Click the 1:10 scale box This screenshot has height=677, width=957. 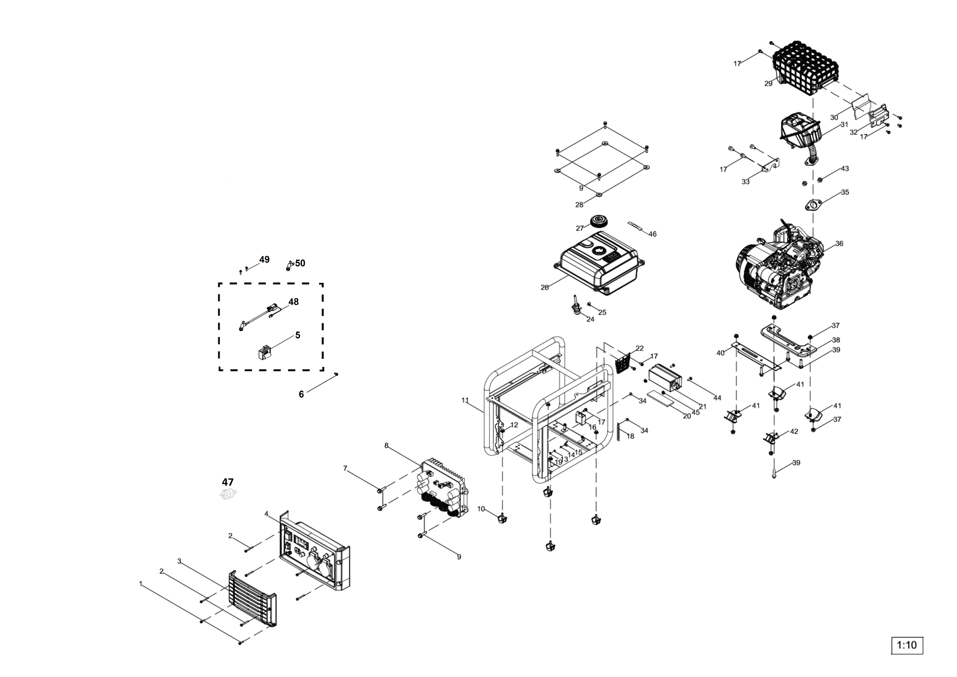click(906, 645)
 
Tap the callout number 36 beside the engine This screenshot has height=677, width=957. click(839, 243)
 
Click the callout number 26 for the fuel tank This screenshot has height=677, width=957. click(545, 288)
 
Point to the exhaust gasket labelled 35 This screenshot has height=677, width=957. click(813, 205)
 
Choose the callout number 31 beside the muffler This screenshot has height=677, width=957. click(844, 124)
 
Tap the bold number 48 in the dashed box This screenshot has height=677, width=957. click(294, 302)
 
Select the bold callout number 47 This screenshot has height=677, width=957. click(228, 482)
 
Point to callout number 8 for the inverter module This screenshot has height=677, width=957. click(386, 446)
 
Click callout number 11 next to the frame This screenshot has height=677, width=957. click(465, 400)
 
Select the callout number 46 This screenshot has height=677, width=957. click(652, 234)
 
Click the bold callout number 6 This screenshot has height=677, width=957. click(301, 394)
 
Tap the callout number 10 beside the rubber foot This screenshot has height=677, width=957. click(481, 509)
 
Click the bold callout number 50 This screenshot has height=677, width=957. click(300, 263)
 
